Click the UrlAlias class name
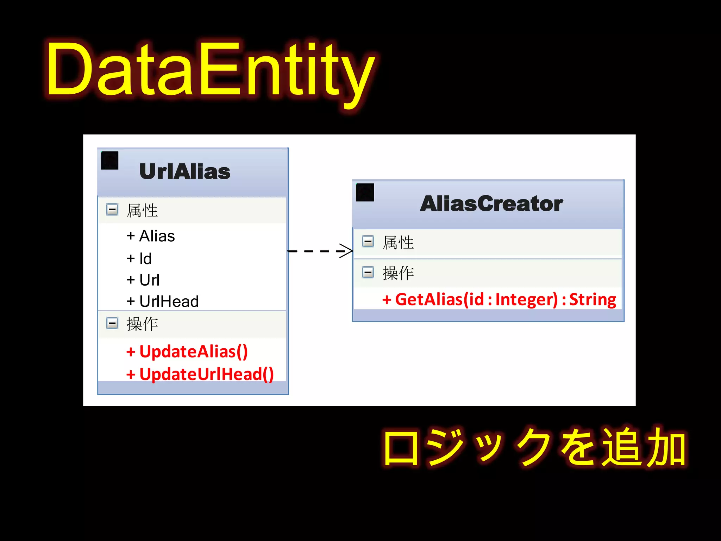(185, 172)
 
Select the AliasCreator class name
(491, 204)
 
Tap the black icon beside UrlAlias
(109, 161)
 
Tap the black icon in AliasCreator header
(365, 192)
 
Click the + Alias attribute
(151, 236)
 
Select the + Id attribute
(139, 259)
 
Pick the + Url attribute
(143, 280)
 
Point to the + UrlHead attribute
(163, 301)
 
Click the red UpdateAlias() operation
(187, 352)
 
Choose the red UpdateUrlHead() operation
(200, 374)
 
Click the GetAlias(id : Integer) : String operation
(499, 299)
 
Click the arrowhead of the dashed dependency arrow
(347, 251)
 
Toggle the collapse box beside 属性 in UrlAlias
(112, 210)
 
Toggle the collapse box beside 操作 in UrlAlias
(112, 323)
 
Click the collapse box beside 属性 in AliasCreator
(368, 242)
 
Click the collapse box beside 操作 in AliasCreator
(368, 272)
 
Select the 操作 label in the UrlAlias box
(142, 324)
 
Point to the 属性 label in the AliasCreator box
(398, 243)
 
